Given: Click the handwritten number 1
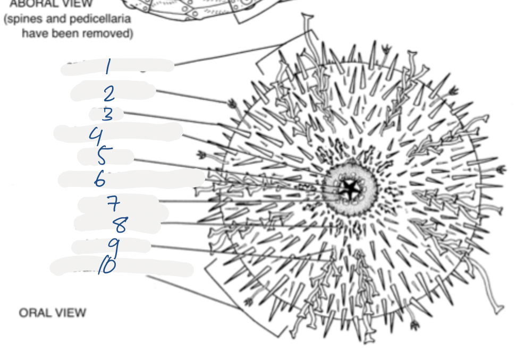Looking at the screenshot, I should coord(107,67).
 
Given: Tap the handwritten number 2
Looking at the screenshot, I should coord(108,95).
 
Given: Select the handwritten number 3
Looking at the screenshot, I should coord(107,114).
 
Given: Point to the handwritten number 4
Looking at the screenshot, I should coord(96,136).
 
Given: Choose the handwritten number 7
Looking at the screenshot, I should coord(113,203).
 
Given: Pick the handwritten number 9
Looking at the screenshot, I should coord(113,246).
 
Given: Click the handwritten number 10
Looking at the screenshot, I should coord(106,266).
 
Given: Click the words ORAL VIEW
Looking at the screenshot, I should coord(52,313).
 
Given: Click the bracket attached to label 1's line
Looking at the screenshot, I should coord(282,50).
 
